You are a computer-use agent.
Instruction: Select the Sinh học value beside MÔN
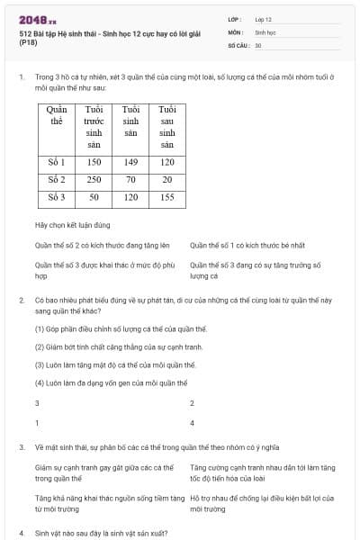(x=265, y=31)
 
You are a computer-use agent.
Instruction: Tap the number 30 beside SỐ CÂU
(x=258, y=44)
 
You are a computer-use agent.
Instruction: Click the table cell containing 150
(x=94, y=163)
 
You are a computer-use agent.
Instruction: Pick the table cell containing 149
(x=130, y=163)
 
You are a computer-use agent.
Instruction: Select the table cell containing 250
(x=94, y=180)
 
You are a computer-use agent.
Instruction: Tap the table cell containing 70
(x=130, y=180)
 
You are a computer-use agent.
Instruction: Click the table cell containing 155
(x=166, y=197)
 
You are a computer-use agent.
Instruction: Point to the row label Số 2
(x=57, y=180)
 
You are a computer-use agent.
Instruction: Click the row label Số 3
(x=57, y=197)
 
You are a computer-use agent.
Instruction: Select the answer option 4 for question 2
(x=192, y=422)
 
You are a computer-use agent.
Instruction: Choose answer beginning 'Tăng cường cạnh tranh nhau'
(x=262, y=472)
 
